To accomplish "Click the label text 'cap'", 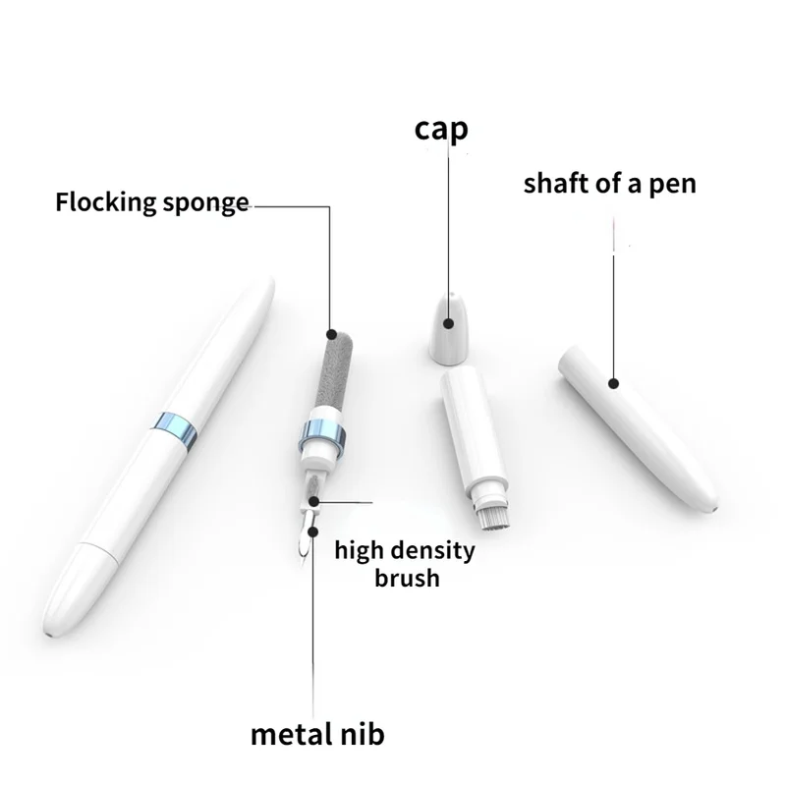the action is click(x=441, y=130).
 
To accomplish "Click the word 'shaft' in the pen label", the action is click(x=556, y=183).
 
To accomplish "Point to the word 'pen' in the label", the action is click(x=673, y=186).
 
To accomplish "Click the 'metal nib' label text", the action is click(x=317, y=734).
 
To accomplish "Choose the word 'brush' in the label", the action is click(x=407, y=578).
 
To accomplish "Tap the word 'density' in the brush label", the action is click(x=432, y=551).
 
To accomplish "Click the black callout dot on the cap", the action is click(x=449, y=323).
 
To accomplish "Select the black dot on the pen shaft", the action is click(x=613, y=383).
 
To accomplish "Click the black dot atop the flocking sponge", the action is click(x=331, y=334).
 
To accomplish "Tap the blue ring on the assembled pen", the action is click(x=174, y=430).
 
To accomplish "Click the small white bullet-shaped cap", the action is click(x=449, y=328).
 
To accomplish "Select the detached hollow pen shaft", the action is click(x=638, y=427).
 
